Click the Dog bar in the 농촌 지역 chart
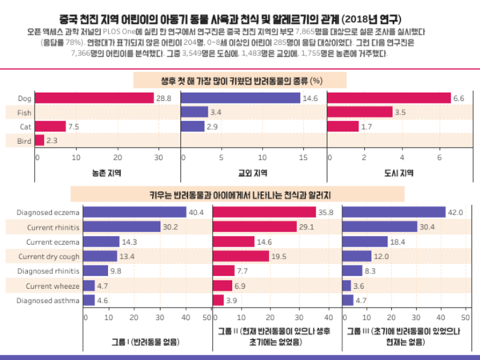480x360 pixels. point(94,98)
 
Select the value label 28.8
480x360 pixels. point(163,98)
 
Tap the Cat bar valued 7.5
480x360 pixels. point(50,126)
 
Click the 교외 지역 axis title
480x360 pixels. point(253,172)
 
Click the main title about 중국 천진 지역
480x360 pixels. point(240,17)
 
